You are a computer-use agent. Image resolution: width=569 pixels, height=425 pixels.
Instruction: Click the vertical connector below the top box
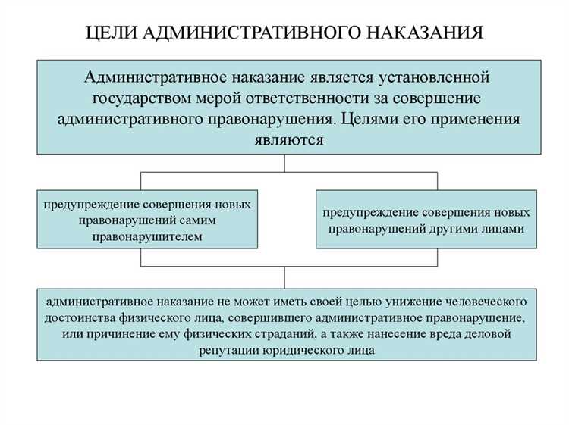point(285,163)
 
